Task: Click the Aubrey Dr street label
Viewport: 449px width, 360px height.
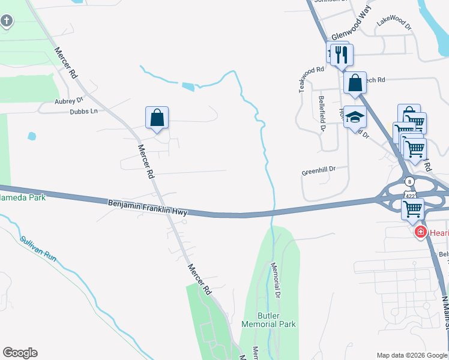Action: [x=68, y=102]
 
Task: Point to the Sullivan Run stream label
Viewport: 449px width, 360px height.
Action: [x=38, y=248]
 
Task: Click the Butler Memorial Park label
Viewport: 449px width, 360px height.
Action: [x=268, y=319]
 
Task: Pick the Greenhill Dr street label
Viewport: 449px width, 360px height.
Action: [x=318, y=170]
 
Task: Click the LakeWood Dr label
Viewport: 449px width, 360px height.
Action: [x=394, y=22]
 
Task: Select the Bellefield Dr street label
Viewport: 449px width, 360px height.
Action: [x=322, y=113]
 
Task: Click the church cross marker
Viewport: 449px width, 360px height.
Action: [x=7, y=22]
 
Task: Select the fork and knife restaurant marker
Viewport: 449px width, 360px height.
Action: [x=342, y=55]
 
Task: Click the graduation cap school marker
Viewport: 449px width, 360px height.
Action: [x=355, y=116]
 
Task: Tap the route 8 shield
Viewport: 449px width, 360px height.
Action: [x=409, y=181]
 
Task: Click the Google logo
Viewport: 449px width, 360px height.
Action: [x=20, y=353]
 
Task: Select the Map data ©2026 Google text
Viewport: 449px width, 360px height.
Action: [x=411, y=355]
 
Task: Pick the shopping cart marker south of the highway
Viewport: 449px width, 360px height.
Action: [x=412, y=209]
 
